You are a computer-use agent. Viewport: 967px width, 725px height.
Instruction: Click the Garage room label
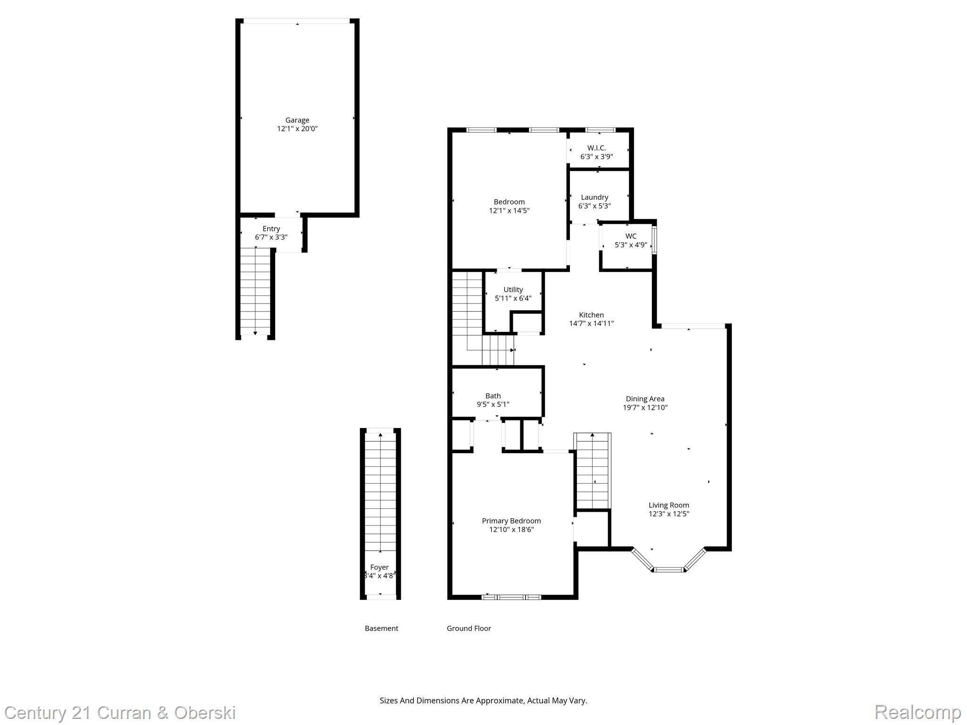(297, 120)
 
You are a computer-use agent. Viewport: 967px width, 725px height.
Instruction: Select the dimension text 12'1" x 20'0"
(297, 129)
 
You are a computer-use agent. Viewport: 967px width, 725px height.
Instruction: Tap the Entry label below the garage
(271, 229)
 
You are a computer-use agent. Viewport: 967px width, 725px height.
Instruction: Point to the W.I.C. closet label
(596, 148)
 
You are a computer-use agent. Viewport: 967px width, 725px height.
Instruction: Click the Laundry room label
(594, 197)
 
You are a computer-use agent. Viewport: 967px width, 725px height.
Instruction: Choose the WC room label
(631, 236)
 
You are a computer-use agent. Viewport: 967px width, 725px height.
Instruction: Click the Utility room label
(513, 290)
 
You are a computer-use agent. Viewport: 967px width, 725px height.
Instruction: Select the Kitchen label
(591, 315)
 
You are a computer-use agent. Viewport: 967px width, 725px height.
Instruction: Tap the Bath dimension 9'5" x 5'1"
(493, 405)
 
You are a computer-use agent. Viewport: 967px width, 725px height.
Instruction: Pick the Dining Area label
(645, 399)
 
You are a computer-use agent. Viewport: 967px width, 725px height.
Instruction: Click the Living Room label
(669, 505)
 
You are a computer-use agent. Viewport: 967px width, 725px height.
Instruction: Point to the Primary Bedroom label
(511, 521)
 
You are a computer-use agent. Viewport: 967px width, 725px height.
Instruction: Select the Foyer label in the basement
(379, 567)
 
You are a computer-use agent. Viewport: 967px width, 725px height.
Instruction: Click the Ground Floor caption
(469, 628)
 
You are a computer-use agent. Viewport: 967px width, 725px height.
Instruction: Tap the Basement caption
(382, 628)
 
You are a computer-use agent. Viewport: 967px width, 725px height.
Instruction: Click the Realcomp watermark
(917, 712)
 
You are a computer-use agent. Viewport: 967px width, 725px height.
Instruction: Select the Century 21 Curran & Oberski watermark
(120, 712)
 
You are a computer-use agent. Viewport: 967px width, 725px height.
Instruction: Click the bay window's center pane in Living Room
(669, 570)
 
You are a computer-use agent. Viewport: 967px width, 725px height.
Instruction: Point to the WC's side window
(654, 241)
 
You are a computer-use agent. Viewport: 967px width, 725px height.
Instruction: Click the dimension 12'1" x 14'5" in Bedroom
(509, 211)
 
